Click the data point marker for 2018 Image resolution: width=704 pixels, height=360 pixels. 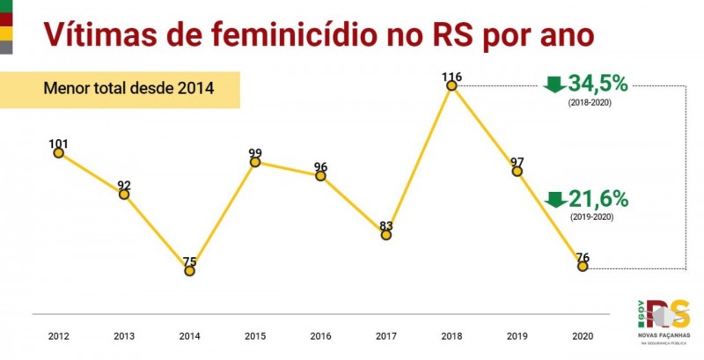451,85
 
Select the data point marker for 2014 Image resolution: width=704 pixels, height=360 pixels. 189,271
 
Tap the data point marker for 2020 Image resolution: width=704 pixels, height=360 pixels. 583,266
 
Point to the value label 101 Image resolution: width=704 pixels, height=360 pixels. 58,143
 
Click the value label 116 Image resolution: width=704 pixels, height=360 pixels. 451,77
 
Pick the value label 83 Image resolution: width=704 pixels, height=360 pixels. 386,226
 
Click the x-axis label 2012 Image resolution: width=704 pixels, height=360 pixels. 58,336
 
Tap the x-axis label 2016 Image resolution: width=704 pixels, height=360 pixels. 320,336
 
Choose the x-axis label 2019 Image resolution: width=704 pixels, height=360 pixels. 517,336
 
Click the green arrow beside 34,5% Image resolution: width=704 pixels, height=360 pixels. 554,84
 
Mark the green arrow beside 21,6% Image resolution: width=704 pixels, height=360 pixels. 554,199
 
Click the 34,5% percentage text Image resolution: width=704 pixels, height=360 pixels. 598,84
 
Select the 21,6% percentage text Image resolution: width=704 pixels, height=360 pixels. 598,198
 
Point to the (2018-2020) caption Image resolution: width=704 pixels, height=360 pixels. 590,103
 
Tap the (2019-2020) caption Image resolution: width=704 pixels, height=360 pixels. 590,217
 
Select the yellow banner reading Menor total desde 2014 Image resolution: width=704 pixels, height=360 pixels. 128,89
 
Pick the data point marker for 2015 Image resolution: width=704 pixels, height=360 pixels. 255,162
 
